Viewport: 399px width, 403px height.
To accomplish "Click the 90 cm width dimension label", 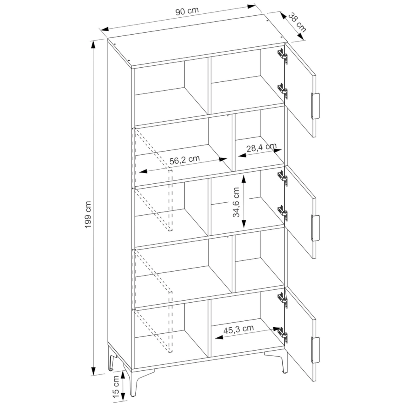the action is (x=187, y=11).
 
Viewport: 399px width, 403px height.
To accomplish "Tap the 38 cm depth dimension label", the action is (x=297, y=23).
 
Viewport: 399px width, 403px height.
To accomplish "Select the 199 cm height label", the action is (x=88, y=215).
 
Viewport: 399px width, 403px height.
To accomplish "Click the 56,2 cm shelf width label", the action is (x=185, y=160).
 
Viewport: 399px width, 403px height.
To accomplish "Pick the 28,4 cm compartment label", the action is (x=261, y=147).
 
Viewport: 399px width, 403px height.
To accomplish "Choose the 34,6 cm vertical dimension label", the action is (x=236, y=202).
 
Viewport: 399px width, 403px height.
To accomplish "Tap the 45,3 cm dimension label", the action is (x=238, y=330).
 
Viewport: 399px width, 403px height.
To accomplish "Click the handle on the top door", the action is (x=315, y=106).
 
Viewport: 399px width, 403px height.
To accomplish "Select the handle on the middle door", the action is (x=315, y=228).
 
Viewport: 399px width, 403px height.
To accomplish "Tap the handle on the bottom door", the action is (x=315, y=350).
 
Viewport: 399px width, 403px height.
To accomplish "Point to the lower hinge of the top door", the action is (x=283, y=91).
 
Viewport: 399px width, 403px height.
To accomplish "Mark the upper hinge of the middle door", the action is (x=283, y=178).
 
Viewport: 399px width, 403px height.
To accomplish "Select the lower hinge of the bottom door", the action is (x=283, y=335).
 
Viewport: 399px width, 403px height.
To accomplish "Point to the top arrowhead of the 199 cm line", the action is (x=93, y=45).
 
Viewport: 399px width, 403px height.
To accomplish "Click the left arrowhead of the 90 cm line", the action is (x=105, y=29).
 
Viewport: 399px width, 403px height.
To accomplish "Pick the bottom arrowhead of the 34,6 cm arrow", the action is (x=244, y=223).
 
